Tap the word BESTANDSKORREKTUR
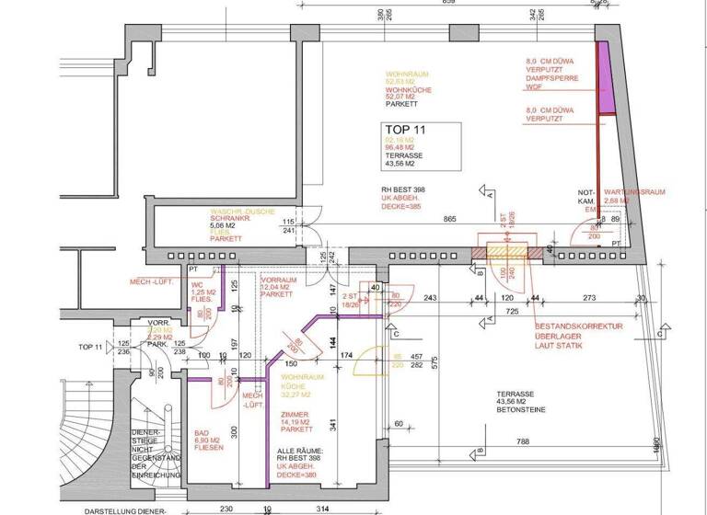tap(579, 326)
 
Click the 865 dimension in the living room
tap(449, 220)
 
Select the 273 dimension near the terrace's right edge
tap(592, 298)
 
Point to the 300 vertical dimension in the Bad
tap(234, 431)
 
